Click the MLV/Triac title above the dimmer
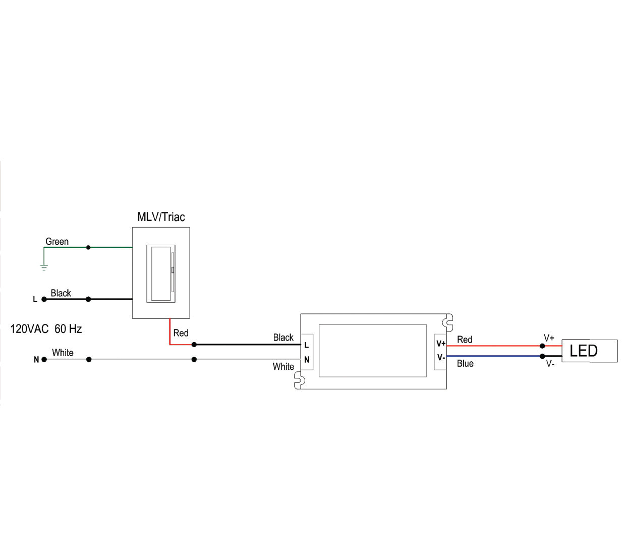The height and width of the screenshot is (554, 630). [x=161, y=217]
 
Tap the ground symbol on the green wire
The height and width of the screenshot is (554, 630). [x=44, y=267]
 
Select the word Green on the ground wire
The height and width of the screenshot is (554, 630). [x=57, y=242]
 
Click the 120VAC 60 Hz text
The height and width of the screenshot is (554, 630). [x=46, y=329]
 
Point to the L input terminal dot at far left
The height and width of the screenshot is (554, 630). [x=44, y=299]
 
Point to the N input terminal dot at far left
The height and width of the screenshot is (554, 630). [x=44, y=359]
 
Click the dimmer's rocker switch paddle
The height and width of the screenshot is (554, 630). [x=161, y=273]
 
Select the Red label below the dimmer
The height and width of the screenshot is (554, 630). [x=181, y=333]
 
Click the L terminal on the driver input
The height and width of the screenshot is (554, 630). [x=307, y=345]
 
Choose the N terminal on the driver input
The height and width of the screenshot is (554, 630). [x=307, y=360]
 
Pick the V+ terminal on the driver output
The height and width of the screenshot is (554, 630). [x=441, y=344]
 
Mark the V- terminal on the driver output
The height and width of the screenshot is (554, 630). [x=441, y=357]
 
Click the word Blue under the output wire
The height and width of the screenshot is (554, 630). [x=465, y=364]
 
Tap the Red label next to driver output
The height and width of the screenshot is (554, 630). [x=465, y=340]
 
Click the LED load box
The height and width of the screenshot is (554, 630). [x=589, y=351]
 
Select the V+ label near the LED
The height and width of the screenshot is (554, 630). [x=549, y=338]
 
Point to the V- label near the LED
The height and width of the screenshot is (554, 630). [x=550, y=364]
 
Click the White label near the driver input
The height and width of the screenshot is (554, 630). [x=283, y=367]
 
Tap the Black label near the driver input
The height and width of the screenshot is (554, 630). [x=283, y=338]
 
